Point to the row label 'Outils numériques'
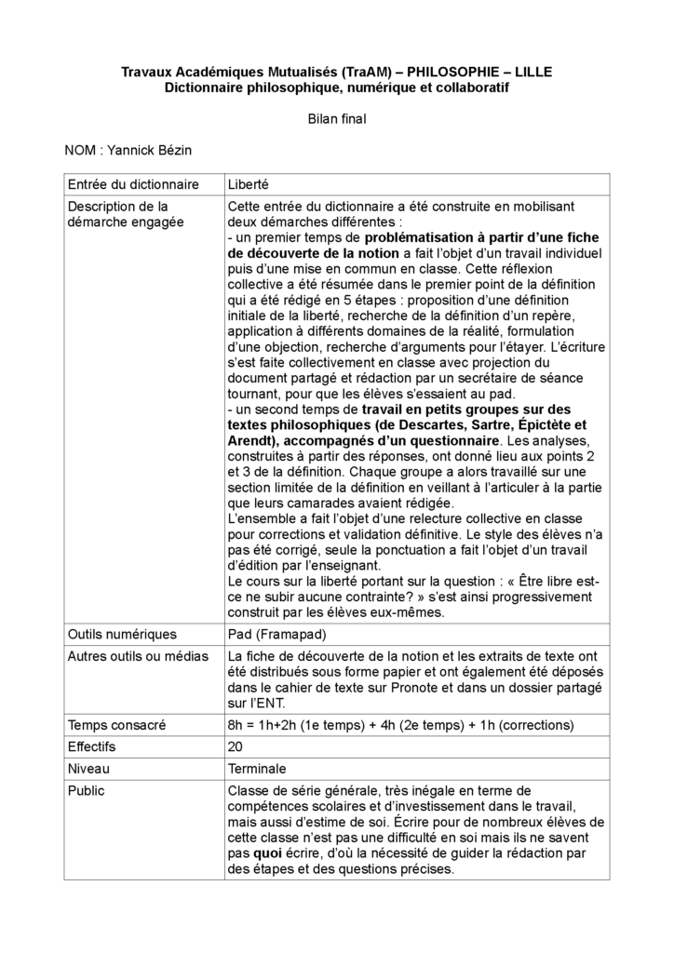tap(122, 634)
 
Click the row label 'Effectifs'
tap(96, 746)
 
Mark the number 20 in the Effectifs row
tap(236, 746)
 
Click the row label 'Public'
tap(87, 791)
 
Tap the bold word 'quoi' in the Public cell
tap(267, 851)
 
